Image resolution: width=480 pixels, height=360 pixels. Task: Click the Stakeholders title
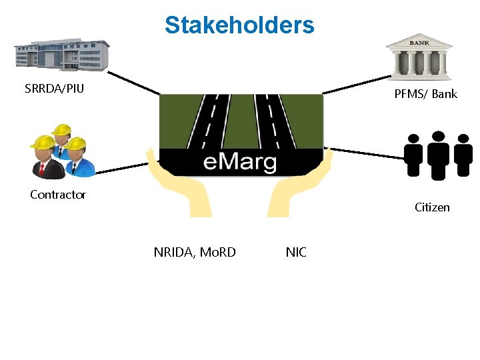click(239, 25)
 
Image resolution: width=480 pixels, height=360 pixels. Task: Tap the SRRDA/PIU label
click(54, 88)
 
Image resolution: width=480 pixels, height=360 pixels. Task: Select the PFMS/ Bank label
click(425, 94)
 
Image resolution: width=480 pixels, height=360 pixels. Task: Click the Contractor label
click(58, 195)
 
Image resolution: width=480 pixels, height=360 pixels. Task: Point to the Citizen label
click(432, 207)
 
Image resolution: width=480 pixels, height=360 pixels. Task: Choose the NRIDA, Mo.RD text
click(195, 252)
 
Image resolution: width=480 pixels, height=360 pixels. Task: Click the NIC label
click(296, 252)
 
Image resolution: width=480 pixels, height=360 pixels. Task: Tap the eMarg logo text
click(240, 162)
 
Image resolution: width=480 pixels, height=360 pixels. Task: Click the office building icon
click(62, 53)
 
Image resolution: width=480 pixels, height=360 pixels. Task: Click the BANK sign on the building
click(420, 42)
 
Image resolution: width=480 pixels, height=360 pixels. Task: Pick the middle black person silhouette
click(438, 155)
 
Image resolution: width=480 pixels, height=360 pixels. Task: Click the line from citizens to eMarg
click(367, 153)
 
